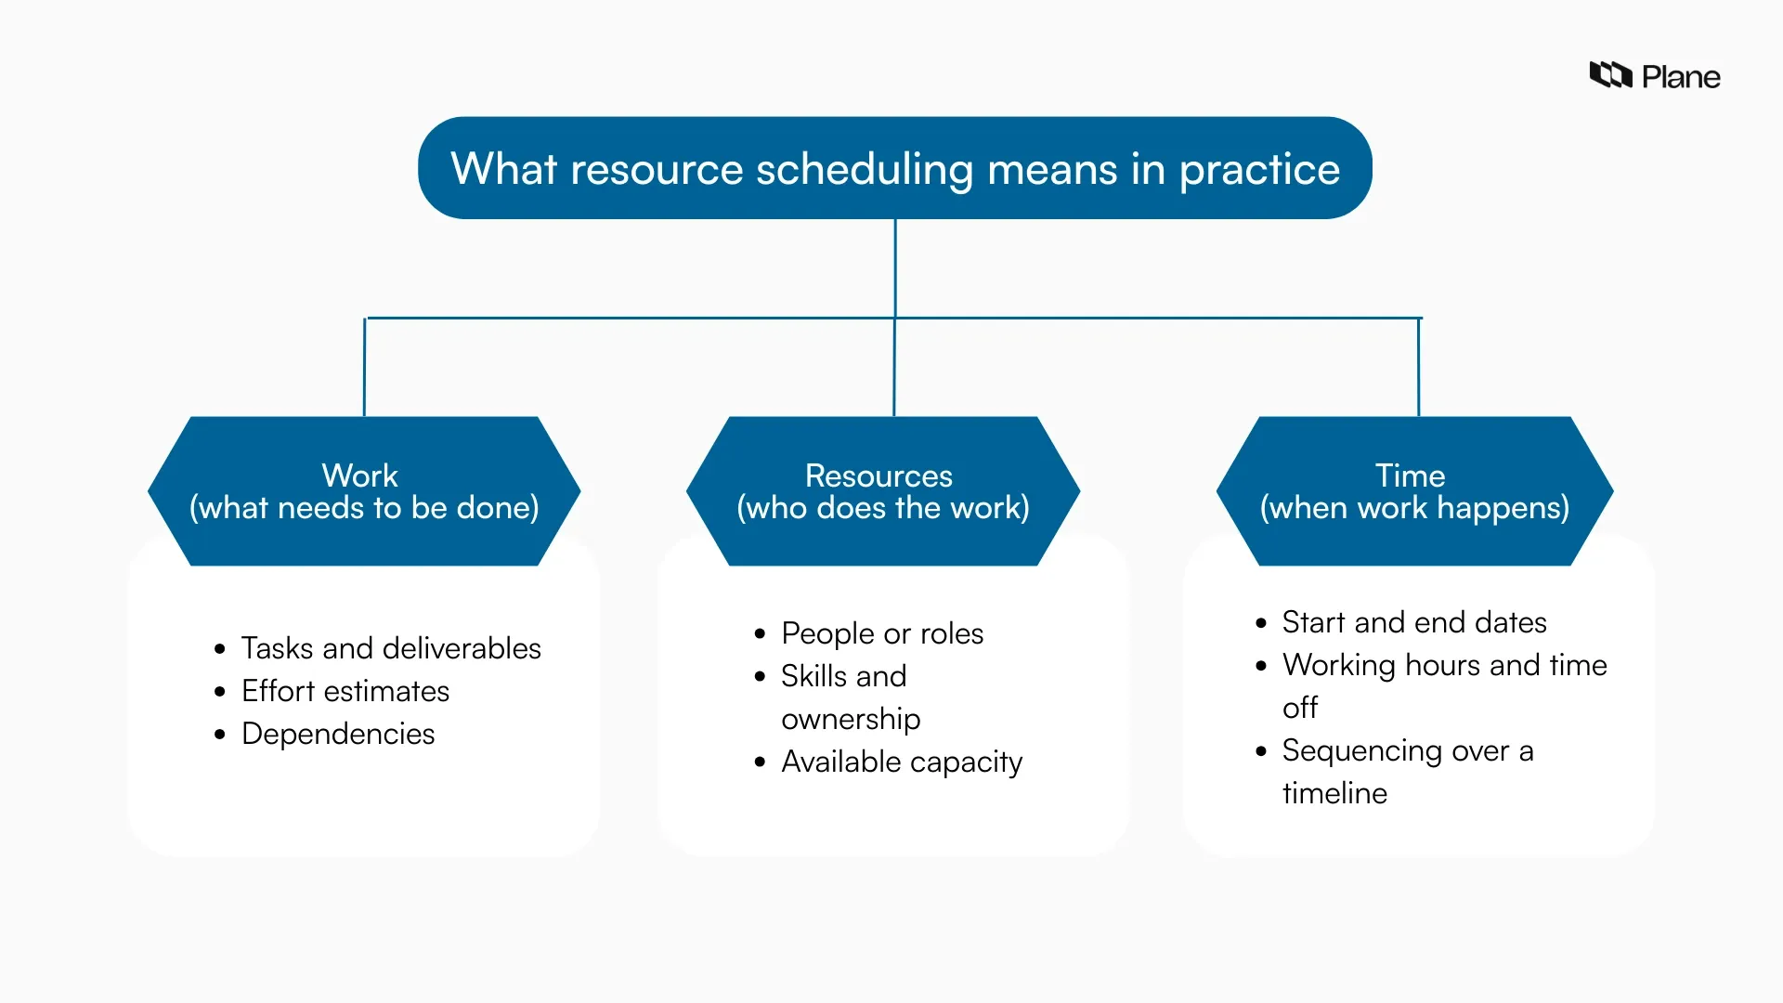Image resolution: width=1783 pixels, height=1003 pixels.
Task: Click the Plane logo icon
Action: (1610, 75)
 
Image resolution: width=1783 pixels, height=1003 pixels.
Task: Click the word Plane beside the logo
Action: (1681, 77)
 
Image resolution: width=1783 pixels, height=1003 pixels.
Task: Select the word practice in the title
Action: (1259, 170)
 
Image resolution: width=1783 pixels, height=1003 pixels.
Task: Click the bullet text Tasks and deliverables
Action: (391, 648)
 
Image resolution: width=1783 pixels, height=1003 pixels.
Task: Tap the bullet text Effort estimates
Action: (345, 691)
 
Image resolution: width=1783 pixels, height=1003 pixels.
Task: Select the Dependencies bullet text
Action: (338, 734)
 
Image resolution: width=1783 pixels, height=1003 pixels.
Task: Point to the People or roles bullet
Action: (882, 633)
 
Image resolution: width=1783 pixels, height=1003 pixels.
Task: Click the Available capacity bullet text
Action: (902, 762)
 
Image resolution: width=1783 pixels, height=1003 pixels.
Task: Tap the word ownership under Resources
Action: (851, 719)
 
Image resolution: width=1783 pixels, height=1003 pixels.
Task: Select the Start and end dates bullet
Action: (1414, 622)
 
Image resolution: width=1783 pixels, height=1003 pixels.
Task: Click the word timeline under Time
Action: (1334, 793)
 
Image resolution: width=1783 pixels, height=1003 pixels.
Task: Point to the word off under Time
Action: (1300, 708)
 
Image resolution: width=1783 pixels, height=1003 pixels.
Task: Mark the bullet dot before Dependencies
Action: (220, 735)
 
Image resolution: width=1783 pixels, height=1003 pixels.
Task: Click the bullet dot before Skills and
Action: (761, 677)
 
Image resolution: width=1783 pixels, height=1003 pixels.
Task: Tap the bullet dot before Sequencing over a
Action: (1261, 751)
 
